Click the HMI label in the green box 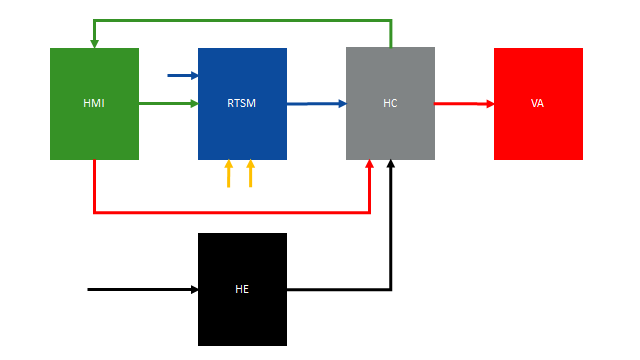[94, 103]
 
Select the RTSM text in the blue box [242, 103]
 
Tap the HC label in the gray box [390, 103]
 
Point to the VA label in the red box [538, 103]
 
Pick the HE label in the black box [242, 289]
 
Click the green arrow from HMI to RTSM [165, 103]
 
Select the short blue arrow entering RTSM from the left [180, 75]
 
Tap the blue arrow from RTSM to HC [314, 103]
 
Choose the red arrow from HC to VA [462, 103]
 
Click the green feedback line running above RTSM [242, 20]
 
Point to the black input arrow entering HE [140, 289]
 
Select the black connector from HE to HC [340, 289]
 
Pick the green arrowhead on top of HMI [94, 43]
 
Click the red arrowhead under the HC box [371, 165]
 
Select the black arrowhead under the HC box [391, 165]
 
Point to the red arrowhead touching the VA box [489, 103]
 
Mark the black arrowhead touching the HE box [193, 289]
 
